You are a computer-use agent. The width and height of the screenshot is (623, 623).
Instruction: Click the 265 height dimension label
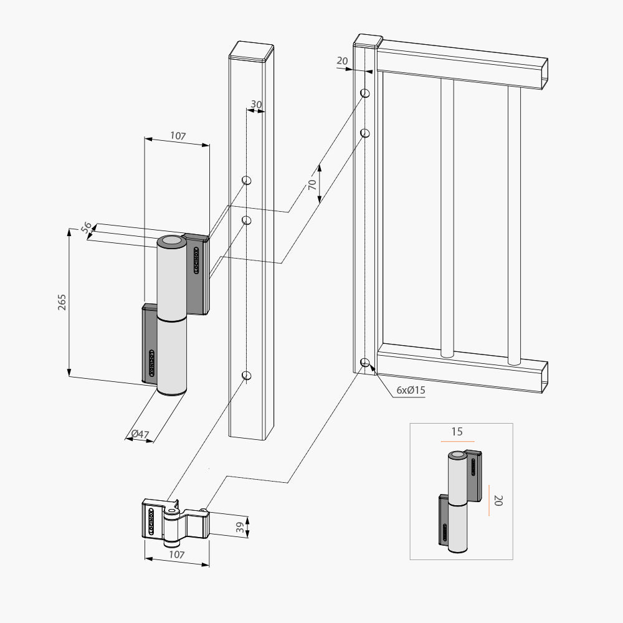[61, 302]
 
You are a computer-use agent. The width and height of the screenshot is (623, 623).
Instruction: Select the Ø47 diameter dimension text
[140, 434]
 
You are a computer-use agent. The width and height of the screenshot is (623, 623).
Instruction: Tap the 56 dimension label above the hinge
[87, 228]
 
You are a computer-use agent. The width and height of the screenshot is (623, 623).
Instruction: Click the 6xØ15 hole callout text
[411, 390]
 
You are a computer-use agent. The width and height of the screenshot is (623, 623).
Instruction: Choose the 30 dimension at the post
[256, 104]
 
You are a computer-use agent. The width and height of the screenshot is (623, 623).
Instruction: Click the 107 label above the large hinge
[177, 136]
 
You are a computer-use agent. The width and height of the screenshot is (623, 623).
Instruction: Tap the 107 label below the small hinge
[177, 554]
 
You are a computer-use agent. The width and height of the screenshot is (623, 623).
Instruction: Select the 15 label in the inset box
[457, 432]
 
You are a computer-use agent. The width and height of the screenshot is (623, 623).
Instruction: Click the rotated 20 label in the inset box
[497, 500]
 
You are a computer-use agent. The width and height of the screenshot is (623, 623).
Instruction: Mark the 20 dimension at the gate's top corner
[342, 60]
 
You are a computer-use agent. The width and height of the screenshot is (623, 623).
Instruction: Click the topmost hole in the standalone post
[247, 181]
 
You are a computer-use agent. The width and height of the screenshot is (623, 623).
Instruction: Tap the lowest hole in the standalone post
[247, 375]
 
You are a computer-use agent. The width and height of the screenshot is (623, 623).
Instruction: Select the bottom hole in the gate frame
[365, 363]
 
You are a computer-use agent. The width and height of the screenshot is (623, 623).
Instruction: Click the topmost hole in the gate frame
[365, 93]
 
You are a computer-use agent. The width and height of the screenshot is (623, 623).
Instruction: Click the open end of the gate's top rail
[544, 74]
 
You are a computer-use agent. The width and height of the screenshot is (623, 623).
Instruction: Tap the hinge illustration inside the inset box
[461, 502]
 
